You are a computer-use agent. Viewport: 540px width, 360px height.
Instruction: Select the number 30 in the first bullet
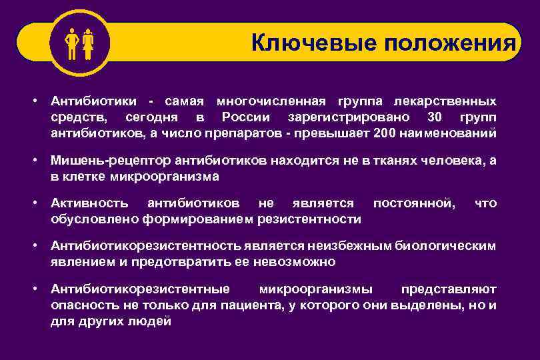(x=434, y=117)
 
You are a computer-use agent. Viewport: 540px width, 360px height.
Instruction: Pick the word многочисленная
(x=271, y=101)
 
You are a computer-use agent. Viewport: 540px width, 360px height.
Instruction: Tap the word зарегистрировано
(x=345, y=117)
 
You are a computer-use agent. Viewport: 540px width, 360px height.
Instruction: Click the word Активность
(x=88, y=203)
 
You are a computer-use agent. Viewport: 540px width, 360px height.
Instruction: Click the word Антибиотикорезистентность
(x=146, y=246)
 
